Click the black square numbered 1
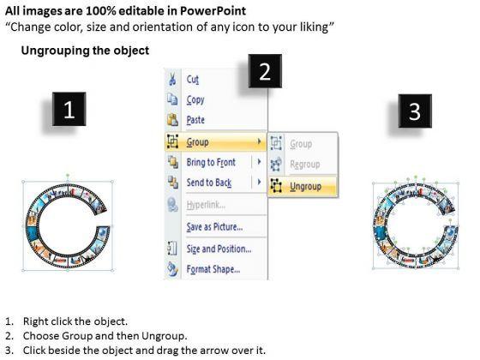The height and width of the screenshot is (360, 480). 69,109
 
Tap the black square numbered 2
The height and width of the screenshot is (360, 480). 265,71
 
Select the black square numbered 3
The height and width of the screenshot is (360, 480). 415,111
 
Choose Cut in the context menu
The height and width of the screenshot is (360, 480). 193,80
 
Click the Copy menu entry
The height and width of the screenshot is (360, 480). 195,99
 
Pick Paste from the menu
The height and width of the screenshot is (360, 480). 195,120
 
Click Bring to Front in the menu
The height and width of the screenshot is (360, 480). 211,162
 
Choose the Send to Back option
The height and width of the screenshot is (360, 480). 209,183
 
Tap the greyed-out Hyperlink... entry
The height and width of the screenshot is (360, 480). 206,205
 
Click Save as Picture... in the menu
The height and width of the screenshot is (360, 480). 214,227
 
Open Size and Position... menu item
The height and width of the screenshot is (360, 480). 219,249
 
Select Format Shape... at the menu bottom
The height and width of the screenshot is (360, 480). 213,269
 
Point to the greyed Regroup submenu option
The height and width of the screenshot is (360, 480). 305,165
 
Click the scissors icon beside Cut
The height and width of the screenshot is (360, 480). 172,79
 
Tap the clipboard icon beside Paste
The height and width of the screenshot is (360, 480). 172,120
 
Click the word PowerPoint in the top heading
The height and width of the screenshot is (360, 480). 213,11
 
